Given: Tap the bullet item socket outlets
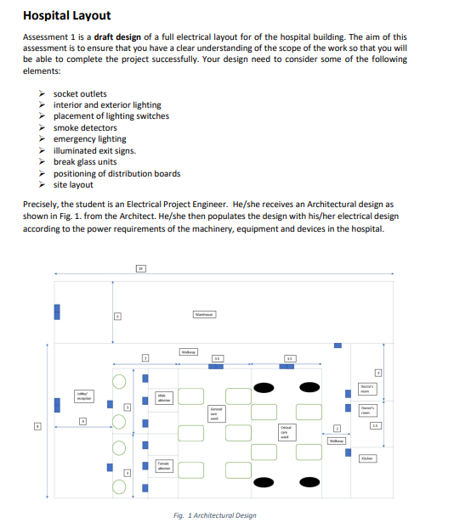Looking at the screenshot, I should click(x=80, y=93).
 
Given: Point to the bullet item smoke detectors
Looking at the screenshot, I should click(x=85, y=127).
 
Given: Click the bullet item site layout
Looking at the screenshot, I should click(x=73, y=184).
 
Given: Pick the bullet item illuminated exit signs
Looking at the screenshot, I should click(x=94, y=150).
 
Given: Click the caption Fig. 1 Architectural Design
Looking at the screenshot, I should click(x=213, y=515).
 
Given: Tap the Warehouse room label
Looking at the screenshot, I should click(x=204, y=314).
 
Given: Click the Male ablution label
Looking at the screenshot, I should click(x=163, y=397).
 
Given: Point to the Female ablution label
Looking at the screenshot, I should click(x=163, y=465).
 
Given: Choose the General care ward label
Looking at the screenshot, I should click(x=215, y=413).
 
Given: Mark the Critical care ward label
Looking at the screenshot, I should click(x=286, y=430).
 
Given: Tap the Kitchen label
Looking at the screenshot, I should click(x=366, y=458).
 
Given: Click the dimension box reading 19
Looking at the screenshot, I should click(x=141, y=268).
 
